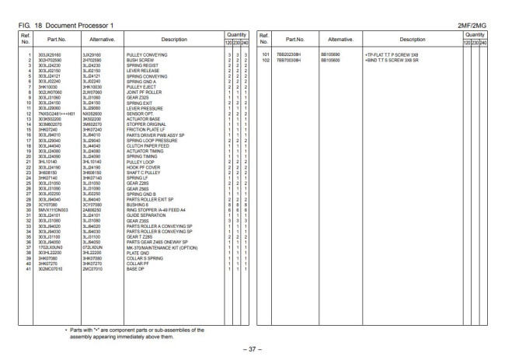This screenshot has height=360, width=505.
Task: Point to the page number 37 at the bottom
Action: click(252, 348)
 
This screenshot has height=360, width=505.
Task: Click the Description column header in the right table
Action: click(409, 38)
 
